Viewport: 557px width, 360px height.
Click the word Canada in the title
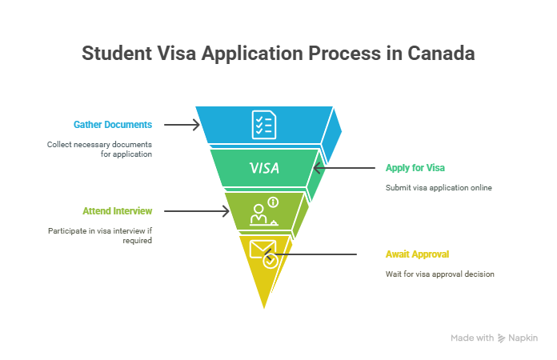click(x=441, y=54)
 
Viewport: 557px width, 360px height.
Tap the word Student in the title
click(x=117, y=54)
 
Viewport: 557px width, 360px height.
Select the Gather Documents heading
click(x=113, y=125)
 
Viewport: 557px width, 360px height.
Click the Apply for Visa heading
click(x=415, y=168)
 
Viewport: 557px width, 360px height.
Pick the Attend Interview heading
click(x=117, y=211)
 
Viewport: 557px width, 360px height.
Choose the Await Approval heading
click(x=418, y=254)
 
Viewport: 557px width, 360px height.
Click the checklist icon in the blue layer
click(x=263, y=125)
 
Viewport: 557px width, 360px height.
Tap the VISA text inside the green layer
click(x=264, y=168)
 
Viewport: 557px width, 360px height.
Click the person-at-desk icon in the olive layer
click(x=263, y=215)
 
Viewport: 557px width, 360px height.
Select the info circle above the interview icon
click(x=273, y=202)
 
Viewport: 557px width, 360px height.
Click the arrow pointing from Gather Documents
click(x=182, y=125)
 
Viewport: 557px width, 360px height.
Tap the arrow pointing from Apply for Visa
click(x=344, y=168)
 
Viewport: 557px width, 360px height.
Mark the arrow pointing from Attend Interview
click(x=197, y=211)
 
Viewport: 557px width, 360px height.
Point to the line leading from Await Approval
click(x=311, y=254)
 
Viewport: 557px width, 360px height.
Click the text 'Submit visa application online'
click(x=439, y=188)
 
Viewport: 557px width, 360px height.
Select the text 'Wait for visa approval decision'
click(x=440, y=274)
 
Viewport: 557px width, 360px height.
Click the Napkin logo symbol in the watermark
click(x=501, y=338)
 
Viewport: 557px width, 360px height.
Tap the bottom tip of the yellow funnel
click(x=264, y=308)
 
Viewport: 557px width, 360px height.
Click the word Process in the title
click(x=344, y=54)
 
